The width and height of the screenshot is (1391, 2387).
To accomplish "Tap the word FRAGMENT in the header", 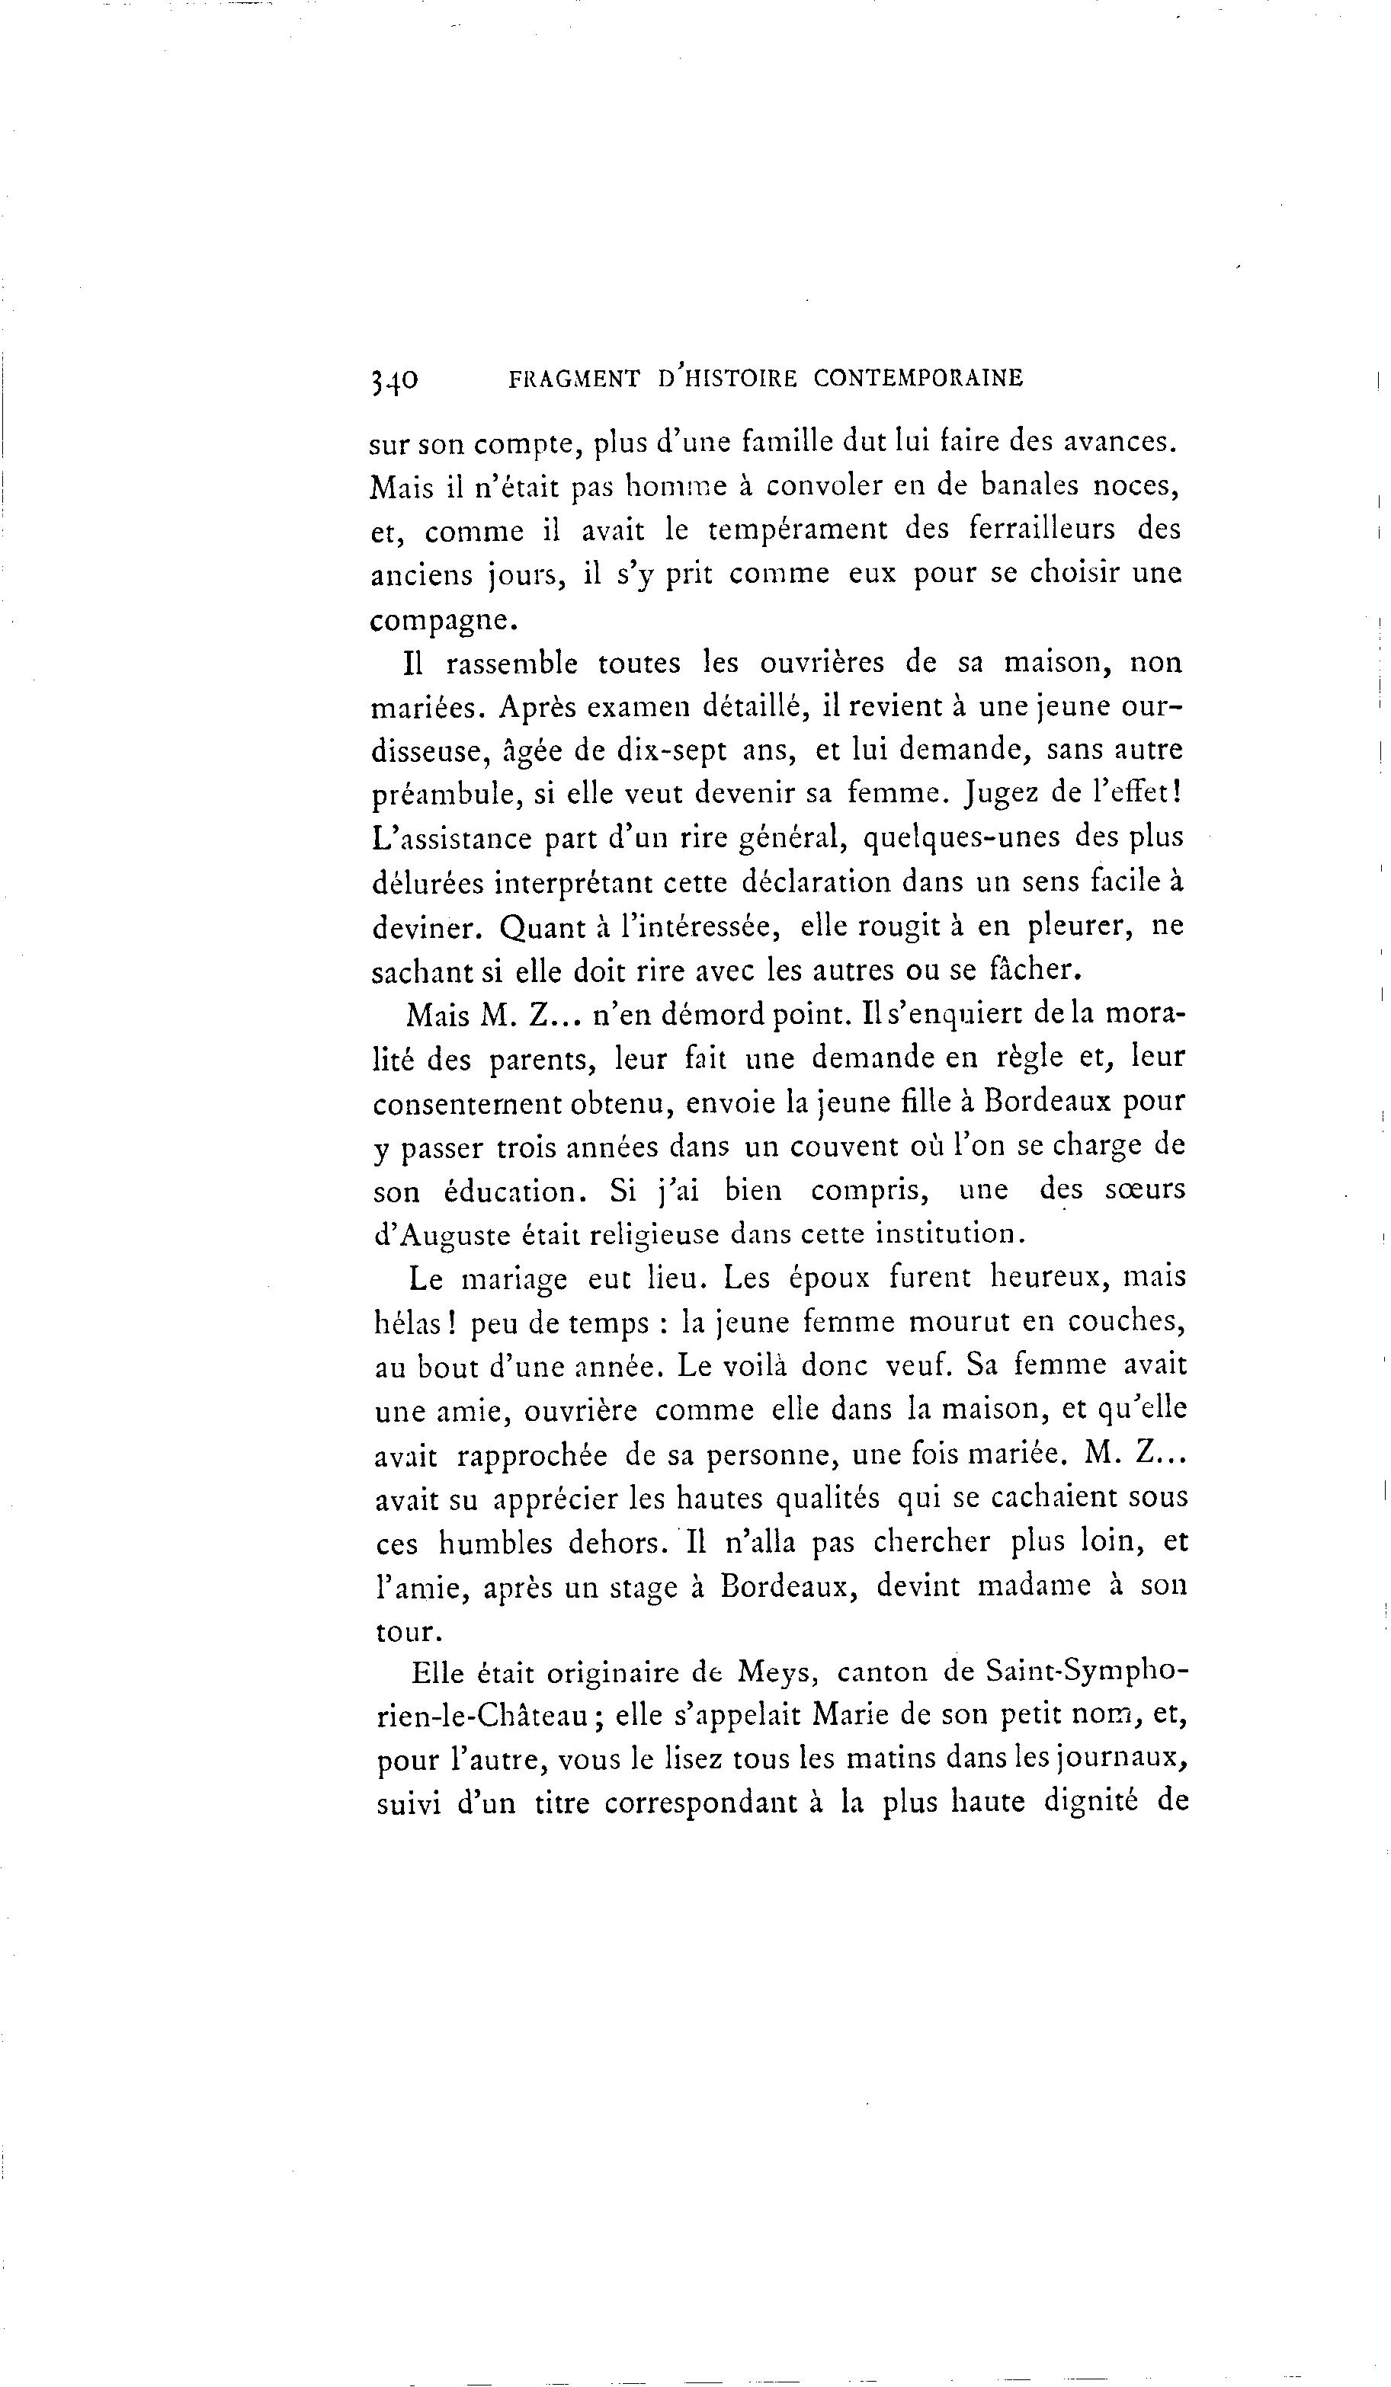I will click(x=573, y=379).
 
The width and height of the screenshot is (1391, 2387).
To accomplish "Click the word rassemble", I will click(x=511, y=663).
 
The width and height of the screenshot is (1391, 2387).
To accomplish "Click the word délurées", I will click(x=425, y=883).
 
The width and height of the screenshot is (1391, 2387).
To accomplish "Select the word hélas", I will click(x=410, y=1323).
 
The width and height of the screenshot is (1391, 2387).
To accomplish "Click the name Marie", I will click(x=853, y=1716).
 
